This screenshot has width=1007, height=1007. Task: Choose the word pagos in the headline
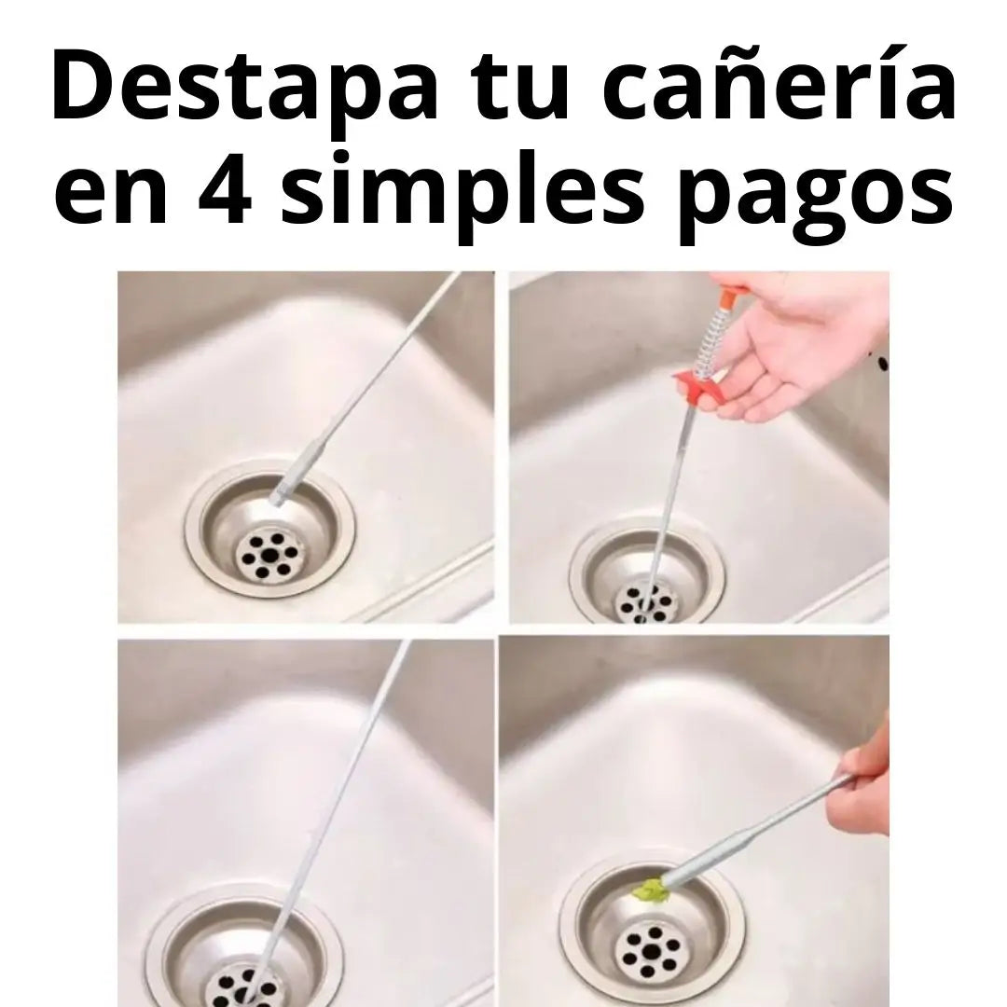click(815, 198)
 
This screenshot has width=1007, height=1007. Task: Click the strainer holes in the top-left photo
click(268, 554)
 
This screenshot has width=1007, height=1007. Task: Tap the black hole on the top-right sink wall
click(883, 364)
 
